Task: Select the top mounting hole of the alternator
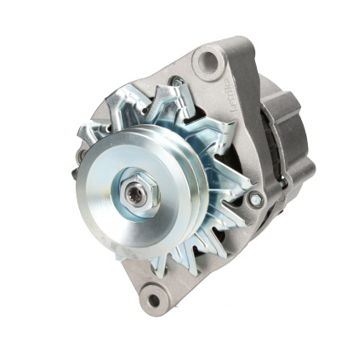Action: pos(207,60)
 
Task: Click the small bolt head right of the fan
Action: pos(255,199)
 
